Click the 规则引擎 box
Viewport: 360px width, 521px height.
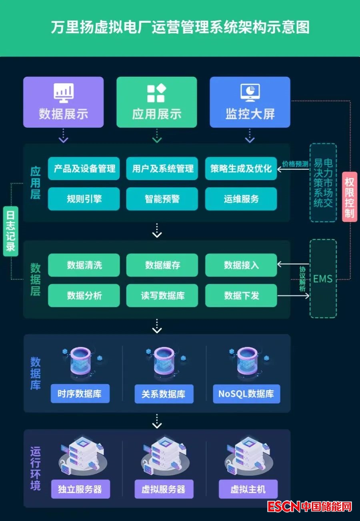(84, 199)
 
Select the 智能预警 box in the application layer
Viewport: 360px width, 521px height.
(162, 199)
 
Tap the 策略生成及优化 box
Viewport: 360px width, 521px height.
(241, 168)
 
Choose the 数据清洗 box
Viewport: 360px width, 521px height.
(84, 265)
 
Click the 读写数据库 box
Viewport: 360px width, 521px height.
(162, 296)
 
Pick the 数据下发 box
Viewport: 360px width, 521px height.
(241, 296)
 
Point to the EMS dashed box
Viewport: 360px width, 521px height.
(323, 279)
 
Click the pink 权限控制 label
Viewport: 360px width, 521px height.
(350, 197)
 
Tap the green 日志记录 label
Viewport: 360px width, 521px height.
(10, 231)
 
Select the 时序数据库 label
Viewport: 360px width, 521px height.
(80, 394)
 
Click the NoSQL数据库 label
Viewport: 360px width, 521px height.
(246, 394)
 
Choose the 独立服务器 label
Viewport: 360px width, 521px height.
(80, 489)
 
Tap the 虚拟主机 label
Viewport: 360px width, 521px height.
(248, 489)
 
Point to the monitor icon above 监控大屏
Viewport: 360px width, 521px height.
(250, 93)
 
